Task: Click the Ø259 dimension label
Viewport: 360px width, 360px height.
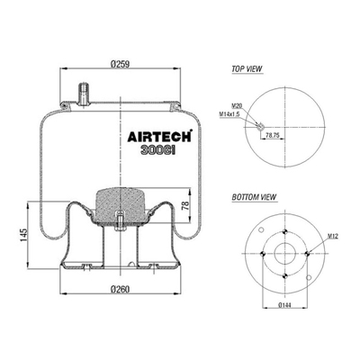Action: coord(120,64)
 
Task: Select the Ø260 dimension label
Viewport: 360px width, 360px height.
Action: coord(120,289)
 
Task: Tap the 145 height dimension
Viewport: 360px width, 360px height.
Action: coord(23,236)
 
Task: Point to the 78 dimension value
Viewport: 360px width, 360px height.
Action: coord(185,205)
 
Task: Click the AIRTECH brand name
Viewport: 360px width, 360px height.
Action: coord(159,136)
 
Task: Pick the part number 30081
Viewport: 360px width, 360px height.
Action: coord(157,150)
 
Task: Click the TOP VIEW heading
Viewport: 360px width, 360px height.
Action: coord(247,68)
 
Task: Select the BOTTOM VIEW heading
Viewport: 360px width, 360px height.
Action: coord(254,197)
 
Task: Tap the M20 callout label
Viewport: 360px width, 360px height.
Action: coord(237,105)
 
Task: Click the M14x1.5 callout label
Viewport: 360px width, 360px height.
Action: coord(229,114)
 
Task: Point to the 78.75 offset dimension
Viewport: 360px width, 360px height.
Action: coord(273,136)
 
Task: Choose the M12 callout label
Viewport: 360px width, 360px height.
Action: coord(333,237)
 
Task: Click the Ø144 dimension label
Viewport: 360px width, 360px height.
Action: coord(284,305)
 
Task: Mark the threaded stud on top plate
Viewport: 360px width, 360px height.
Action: coord(84,94)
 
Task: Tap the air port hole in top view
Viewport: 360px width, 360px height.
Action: coord(260,126)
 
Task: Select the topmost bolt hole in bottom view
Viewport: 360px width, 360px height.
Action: coord(285,232)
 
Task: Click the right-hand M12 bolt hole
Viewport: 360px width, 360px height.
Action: coord(307,254)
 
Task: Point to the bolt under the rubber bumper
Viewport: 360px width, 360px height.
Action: coord(120,221)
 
